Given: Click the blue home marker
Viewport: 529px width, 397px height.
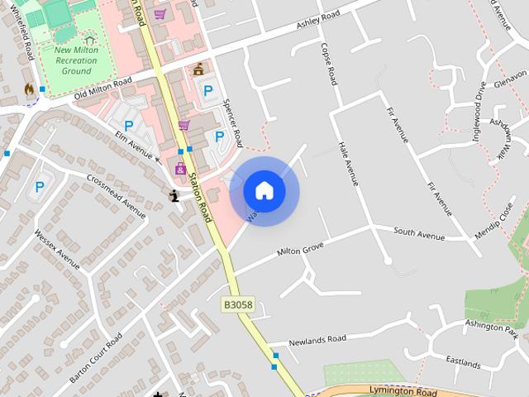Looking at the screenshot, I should point(264,190).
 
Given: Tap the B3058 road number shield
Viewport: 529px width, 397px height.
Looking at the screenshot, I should point(238,305).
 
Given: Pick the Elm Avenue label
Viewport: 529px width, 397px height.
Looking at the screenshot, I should point(135,142).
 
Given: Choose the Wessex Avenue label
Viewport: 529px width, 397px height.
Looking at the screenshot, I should point(57,248).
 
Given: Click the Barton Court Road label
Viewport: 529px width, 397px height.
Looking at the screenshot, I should point(96,358).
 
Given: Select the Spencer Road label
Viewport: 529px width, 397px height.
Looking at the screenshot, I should point(233,122).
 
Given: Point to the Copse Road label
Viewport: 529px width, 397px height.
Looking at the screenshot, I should point(327,64).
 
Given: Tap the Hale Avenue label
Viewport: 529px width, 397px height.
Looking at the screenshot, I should point(348,162).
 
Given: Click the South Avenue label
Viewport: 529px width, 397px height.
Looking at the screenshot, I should point(419,235).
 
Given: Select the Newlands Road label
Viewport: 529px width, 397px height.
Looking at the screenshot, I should point(318,339).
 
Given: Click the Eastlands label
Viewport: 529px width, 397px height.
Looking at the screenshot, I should point(463,362).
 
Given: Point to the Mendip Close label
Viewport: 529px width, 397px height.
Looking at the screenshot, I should point(494,219).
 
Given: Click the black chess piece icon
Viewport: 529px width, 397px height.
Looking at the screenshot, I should point(174,196).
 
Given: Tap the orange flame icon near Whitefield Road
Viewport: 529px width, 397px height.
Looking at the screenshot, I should point(30,89).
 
